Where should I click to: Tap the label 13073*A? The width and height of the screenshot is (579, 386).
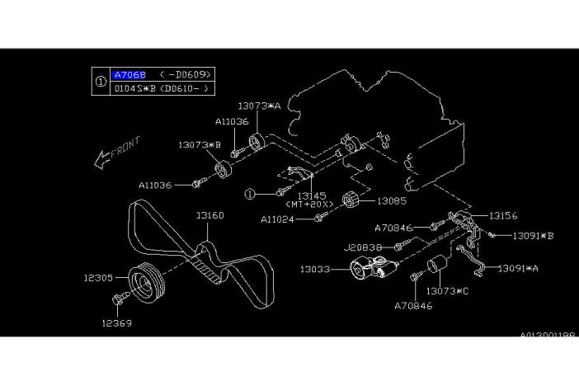(x=259, y=106)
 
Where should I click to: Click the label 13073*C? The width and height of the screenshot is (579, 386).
(x=447, y=291)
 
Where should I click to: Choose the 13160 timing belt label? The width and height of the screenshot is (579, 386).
(x=209, y=215)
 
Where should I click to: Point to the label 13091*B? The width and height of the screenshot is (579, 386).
(x=532, y=235)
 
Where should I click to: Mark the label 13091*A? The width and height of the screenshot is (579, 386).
(x=521, y=268)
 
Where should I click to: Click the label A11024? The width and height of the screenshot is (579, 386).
(x=283, y=219)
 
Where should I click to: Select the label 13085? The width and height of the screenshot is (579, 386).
(x=393, y=200)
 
